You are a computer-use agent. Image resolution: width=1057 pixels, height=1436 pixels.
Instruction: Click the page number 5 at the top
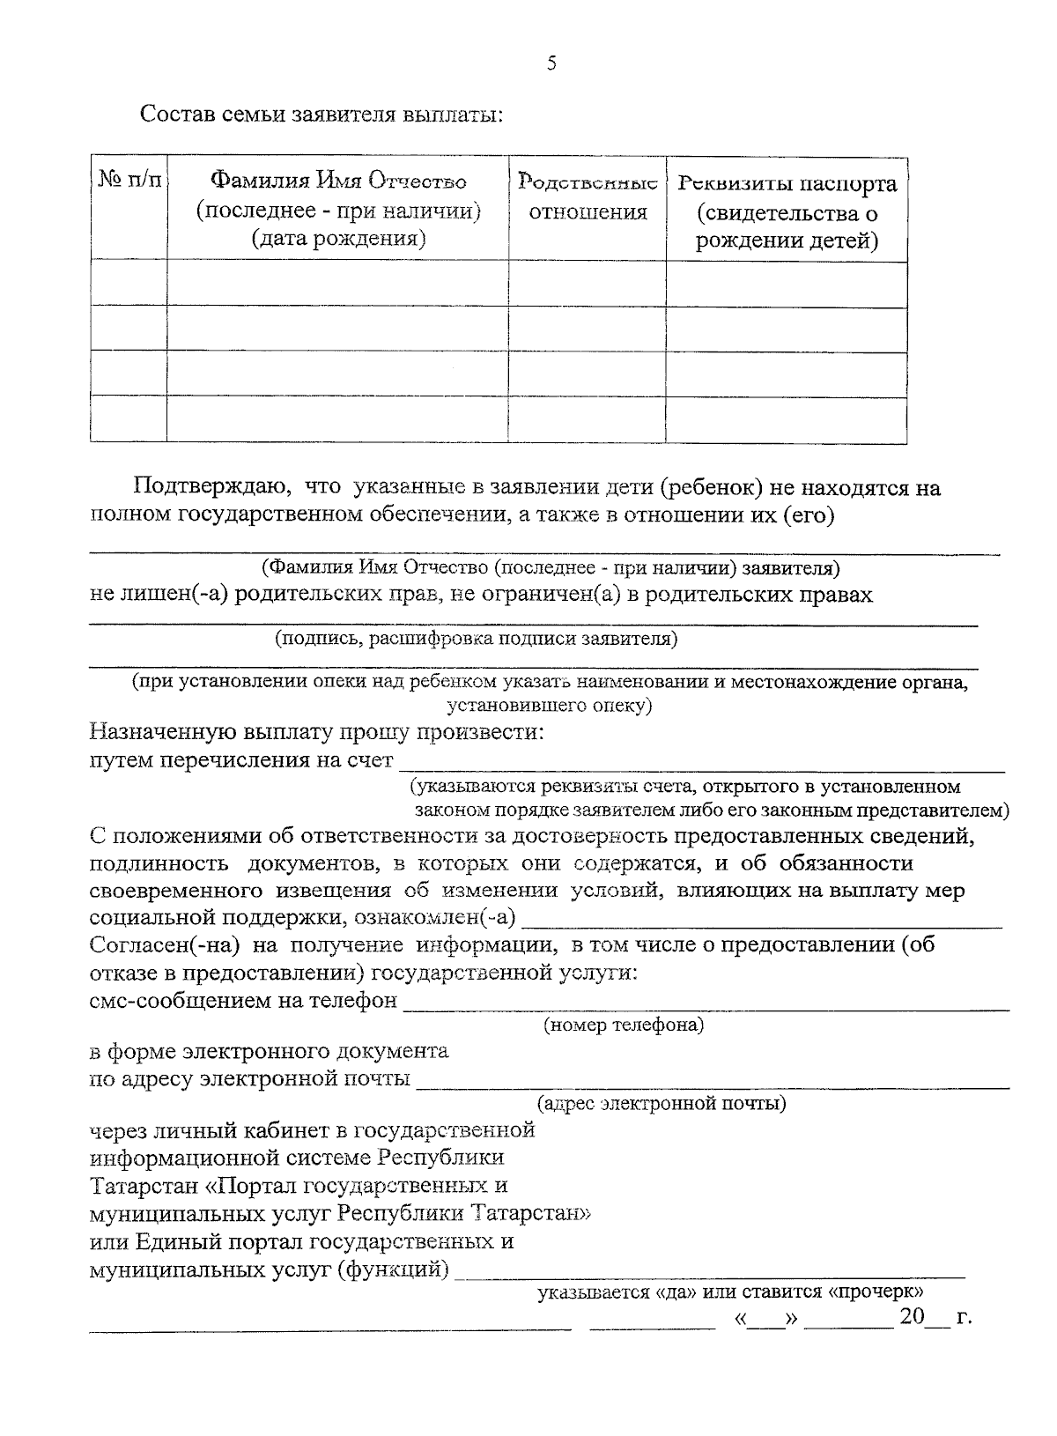click(x=552, y=63)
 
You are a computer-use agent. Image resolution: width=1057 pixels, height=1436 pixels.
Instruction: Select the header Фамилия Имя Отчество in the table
click(x=337, y=181)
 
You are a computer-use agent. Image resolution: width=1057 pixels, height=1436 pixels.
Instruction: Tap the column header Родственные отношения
click(x=588, y=197)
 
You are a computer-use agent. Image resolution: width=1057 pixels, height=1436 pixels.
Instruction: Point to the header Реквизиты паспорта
click(x=787, y=184)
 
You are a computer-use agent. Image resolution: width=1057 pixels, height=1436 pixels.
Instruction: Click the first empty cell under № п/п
click(x=129, y=284)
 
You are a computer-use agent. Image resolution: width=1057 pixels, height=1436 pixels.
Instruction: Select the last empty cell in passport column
click(x=787, y=419)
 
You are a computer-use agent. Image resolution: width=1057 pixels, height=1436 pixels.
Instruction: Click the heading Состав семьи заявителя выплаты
click(x=322, y=115)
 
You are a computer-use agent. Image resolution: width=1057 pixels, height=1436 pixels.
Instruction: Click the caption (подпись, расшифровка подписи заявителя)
click(x=476, y=639)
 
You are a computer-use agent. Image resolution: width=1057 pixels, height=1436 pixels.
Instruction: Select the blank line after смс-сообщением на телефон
click(x=705, y=1003)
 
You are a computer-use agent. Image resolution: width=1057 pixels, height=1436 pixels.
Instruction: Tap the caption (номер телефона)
click(x=624, y=1025)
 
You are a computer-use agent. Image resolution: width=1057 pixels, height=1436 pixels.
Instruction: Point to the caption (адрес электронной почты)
click(x=662, y=1103)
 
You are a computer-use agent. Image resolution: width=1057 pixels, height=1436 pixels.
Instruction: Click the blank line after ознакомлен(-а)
click(x=762, y=921)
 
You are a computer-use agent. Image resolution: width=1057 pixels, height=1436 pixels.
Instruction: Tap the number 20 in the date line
click(x=912, y=1317)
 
